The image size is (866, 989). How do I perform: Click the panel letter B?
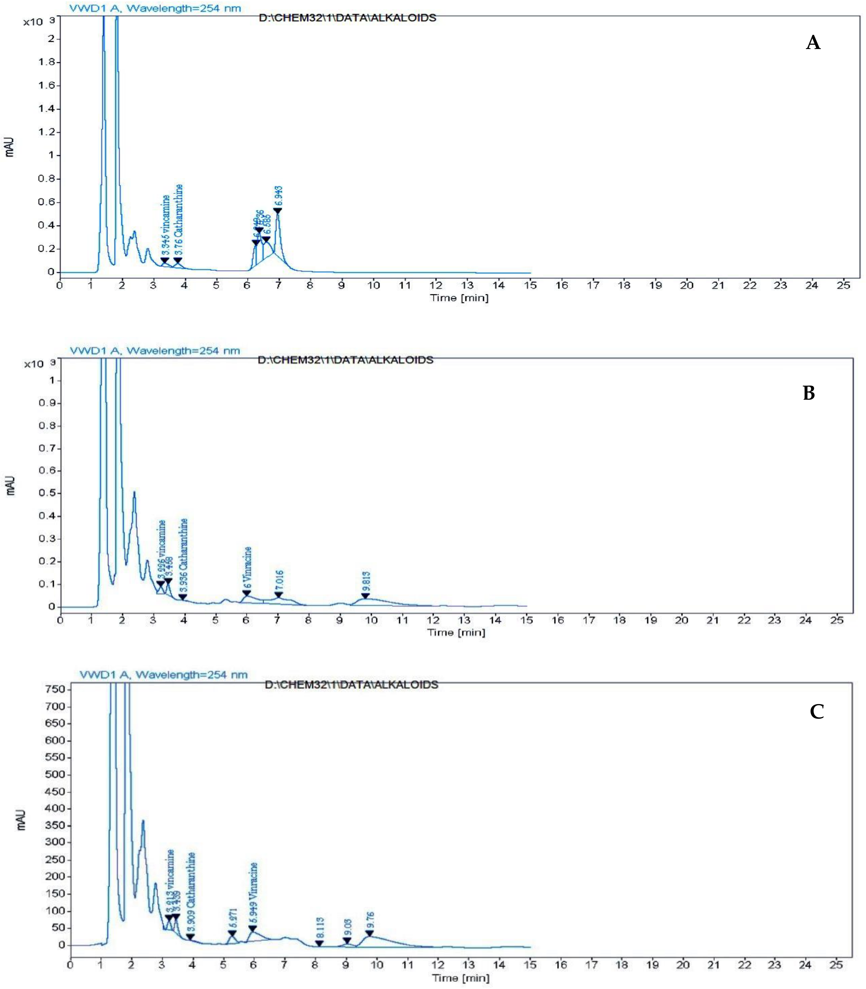[809, 393]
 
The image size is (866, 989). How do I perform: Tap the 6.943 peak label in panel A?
[278, 197]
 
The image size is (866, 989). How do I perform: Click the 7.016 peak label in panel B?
[279, 581]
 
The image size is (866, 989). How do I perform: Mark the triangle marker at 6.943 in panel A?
[278, 211]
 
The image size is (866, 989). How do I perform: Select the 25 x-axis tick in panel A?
[843, 285]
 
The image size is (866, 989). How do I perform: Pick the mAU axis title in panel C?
[21, 820]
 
